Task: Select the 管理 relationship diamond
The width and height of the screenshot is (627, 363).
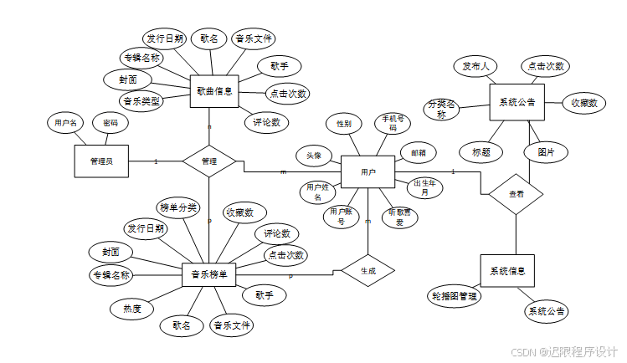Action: [209, 161]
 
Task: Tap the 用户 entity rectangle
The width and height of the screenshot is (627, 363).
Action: [367, 171]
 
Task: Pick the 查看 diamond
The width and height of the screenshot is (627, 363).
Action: [517, 193]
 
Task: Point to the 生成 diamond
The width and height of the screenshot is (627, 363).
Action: [367, 271]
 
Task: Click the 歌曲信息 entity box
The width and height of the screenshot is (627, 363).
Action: [213, 89]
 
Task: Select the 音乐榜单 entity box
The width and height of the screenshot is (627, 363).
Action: [208, 274]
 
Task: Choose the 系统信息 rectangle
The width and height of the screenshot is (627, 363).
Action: [507, 270]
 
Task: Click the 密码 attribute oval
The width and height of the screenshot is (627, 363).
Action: [110, 123]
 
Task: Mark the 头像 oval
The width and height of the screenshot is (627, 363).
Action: [313, 156]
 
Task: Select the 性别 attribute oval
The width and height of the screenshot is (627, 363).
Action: [344, 124]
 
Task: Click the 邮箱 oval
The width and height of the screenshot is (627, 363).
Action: [418, 153]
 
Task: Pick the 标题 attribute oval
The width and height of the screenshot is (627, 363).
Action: [481, 152]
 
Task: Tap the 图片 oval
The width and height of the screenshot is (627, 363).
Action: [546, 152]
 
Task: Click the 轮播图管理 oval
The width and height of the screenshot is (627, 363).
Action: [454, 296]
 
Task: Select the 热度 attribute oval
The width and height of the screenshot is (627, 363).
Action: [132, 309]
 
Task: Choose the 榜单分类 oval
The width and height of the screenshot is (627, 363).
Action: [178, 207]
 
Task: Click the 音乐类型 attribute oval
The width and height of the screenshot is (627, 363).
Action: [141, 101]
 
